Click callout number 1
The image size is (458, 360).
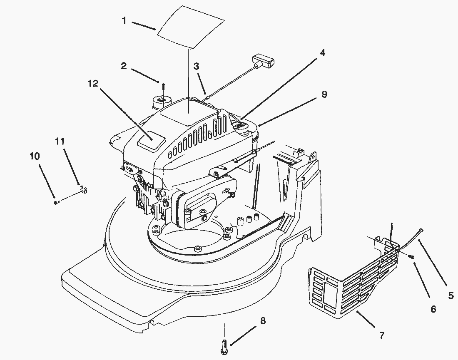(x=124, y=20)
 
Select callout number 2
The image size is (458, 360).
(x=124, y=65)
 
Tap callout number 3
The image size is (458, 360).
(x=196, y=66)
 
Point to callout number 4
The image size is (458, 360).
(x=323, y=53)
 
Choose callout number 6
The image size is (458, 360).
(x=433, y=309)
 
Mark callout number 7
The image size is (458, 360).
(x=382, y=334)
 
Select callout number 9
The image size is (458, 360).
(x=324, y=94)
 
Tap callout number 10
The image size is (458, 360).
(x=35, y=156)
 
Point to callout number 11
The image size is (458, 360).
(x=60, y=141)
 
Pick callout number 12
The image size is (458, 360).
(x=93, y=84)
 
